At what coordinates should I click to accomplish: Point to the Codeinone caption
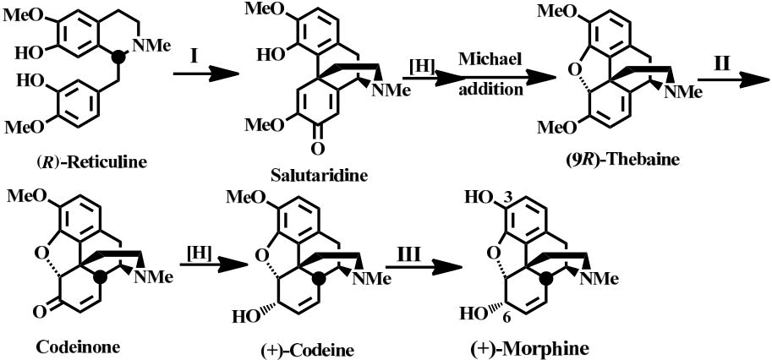click(79, 347)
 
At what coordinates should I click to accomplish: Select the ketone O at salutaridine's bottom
click(318, 148)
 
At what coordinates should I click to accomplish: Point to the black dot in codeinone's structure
click(100, 277)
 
